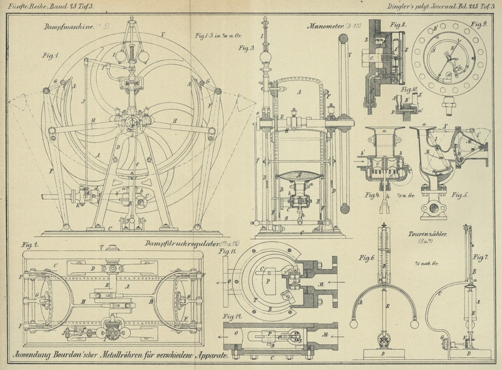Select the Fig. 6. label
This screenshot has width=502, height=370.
[x=366, y=258]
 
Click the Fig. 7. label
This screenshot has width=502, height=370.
[x=480, y=258]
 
